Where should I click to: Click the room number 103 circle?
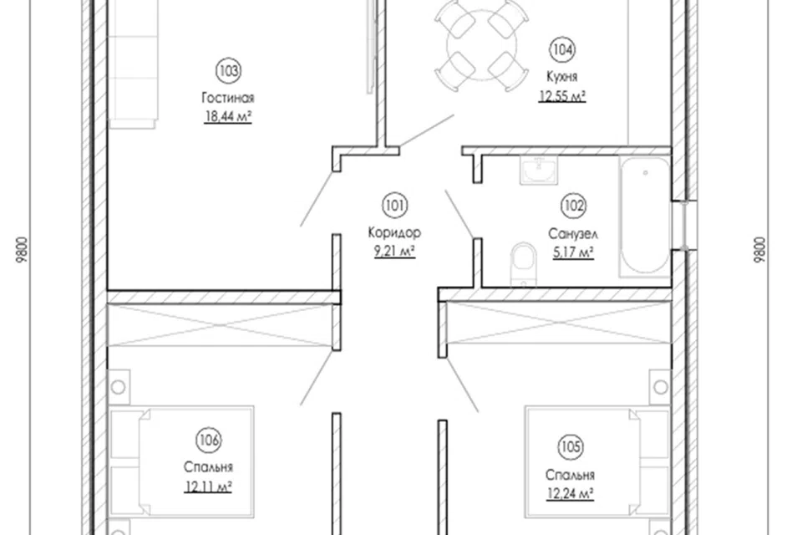pyautogui.click(x=228, y=71)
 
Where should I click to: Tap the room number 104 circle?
pyautogui.click(x=561, y=49)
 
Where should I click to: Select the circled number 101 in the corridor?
pyautogui.click(x=394, y=206)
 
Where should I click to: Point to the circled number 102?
pyautogui.click(x=573, y=206)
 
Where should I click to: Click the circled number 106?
pyautogui.click(x=209, y=441)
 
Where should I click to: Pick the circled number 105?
pyautogui.click(x=570, y=447)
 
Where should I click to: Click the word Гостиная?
pyautogui.click(x=228, y=98)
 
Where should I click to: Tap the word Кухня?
pyautogui.click(x=562, y=77)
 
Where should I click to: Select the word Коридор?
pyautogui.click(x=394, y=233)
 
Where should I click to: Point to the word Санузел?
pyautogui.click(x=573, y=234)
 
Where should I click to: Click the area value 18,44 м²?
pyautogui.click(x=228, y=117)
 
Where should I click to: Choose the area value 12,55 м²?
pyautogui.click(x=562, y=96)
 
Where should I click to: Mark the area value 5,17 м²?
pyautogui.click(x=573, y=252)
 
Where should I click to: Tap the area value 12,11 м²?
pyautogui.click(x=208, y=487)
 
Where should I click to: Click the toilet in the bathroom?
pyautogui.click(x=523, y=263)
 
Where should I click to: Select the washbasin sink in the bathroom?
pyautogui.click(x=539, y=170)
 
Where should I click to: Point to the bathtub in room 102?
pyautogui.click(x=645, y=217)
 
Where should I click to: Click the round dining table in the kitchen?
pyautogui.click(x=481, y=45)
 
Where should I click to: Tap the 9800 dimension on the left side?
pyautogui.click(x=21, y=250)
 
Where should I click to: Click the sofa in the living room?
pyautogui.click(x=133, y=64)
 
